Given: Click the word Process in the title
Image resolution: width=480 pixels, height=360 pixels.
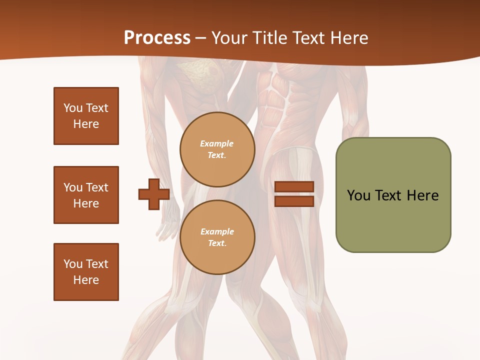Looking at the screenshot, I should click(157, 38).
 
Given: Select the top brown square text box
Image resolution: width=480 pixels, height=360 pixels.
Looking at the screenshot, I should click(86, 116).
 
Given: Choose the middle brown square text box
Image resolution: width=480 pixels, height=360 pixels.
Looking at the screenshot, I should click(86, 195).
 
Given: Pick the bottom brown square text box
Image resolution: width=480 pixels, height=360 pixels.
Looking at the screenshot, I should click(86, 272).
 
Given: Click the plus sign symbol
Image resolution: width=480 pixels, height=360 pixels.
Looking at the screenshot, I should click(153, 194).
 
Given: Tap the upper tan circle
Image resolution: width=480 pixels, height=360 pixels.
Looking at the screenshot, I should click(217, 149).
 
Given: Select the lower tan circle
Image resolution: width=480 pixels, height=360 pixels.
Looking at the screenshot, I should click(217, 237).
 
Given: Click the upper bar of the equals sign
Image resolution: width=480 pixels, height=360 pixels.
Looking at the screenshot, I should click(294, 187).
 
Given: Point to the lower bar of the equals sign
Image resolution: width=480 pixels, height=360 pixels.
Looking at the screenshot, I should click(294, 201).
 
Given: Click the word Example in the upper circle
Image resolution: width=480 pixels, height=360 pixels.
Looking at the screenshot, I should click(216, 144).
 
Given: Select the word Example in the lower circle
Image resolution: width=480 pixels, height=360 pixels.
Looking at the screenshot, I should click(217, 231).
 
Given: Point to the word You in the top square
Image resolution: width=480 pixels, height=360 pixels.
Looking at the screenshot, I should click(73, 108).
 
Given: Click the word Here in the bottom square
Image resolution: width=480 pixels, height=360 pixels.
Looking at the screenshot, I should click(86, 280).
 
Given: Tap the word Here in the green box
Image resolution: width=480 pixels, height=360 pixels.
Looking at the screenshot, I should click(422, 195).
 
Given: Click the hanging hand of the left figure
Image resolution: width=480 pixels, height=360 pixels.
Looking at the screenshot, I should click(166, 225).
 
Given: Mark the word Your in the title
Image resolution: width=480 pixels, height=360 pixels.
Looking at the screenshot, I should click(225, 38).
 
